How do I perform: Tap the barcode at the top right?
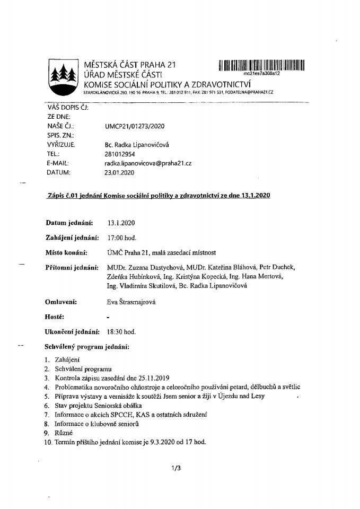pyautogui.click(x=261, y=65)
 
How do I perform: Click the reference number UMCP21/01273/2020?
pyautogui.click(x=135, y=126)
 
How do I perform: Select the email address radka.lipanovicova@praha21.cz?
pyautogui.click(x=148, y=163)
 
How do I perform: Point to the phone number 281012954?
pyautogui.click(x=121, y=154)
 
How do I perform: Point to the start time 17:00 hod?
pyautogui.click(x=121, y=237)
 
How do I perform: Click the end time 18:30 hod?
pyautogui.click(x=121, y=332)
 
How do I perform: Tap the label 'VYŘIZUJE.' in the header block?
pyautogui.click(x=60, y=145)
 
